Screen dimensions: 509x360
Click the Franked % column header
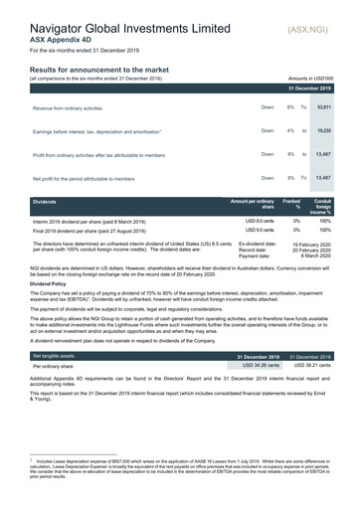tap(293, 205)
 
